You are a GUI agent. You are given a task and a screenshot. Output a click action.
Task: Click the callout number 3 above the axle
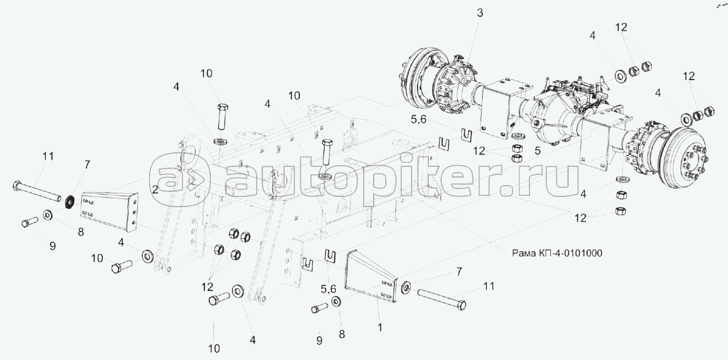[x=480, y=13]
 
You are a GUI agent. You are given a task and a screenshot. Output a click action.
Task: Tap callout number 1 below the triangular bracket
[x=380, y=326]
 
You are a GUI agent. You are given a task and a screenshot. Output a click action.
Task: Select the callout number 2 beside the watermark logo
[x=155, y=189]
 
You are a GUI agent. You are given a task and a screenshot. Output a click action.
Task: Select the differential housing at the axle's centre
[x=554, y=116]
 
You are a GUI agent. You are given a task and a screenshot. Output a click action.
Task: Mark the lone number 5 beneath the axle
[x=537, y=152]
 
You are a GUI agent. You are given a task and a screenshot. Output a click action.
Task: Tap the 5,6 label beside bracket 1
[x=328, y=289]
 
